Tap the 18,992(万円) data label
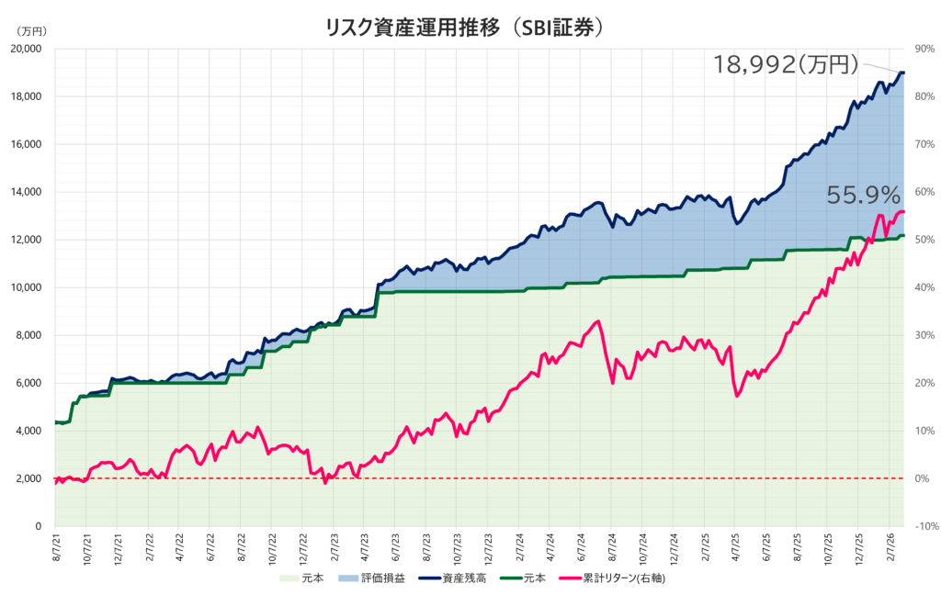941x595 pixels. tap(786, 64)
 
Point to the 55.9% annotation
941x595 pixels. tap(863, 195)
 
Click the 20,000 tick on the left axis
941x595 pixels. tap(31, 49)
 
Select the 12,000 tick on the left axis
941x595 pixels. tap(31, 240)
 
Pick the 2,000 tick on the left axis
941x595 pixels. tap(34, 478)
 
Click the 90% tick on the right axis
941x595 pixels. tap(919, 49)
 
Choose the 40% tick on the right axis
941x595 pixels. tap(919, 287)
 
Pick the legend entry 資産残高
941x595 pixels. tap(459, 578)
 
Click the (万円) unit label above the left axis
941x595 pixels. tap(31, 31)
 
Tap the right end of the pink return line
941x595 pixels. tap(903, 211)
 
